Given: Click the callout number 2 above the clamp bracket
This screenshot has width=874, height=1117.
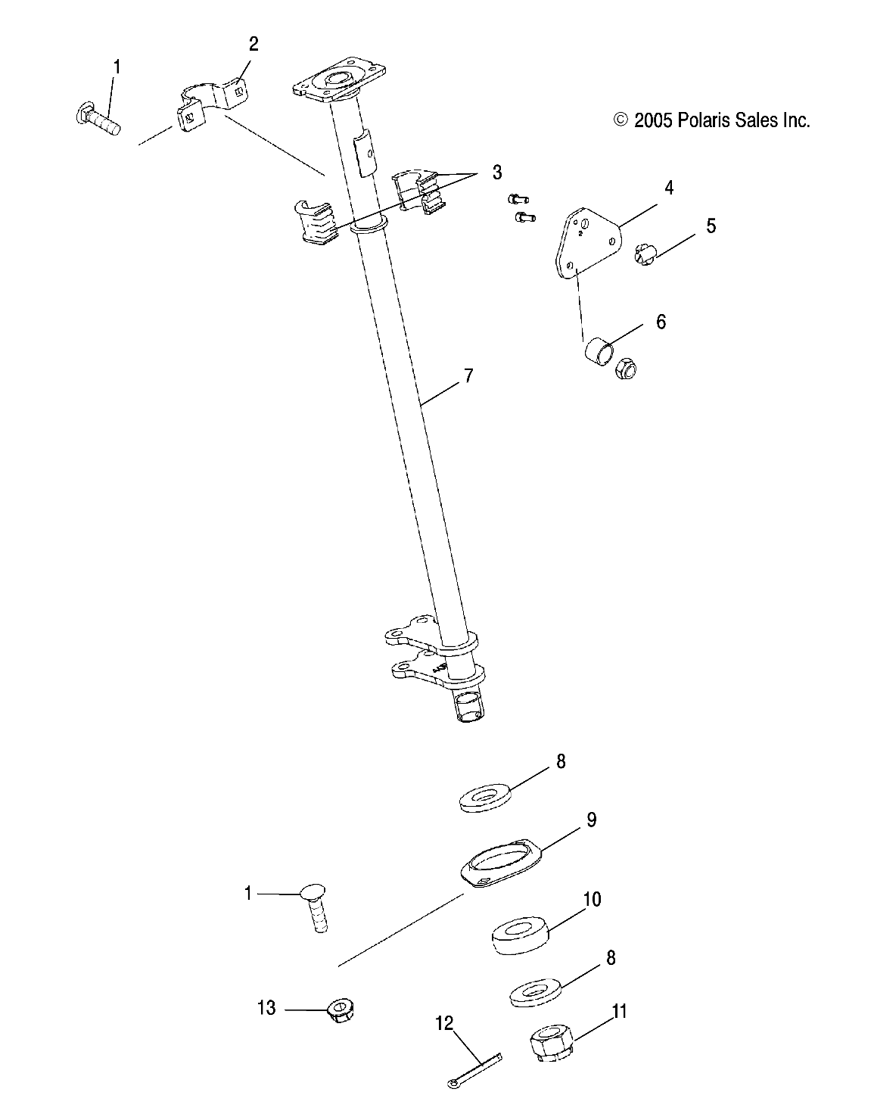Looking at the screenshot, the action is pos(253,44).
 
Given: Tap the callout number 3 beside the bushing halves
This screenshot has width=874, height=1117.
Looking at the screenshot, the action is pos(497,173).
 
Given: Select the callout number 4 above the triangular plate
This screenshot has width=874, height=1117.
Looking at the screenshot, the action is pos(668,188).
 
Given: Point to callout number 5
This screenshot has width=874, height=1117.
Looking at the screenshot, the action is pos(711,226).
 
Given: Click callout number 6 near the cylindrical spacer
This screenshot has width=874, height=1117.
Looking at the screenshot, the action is pos(661,322).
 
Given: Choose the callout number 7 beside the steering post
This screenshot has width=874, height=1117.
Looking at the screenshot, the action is pos(468,376).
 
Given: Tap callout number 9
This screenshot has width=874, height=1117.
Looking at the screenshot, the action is pos(592,820).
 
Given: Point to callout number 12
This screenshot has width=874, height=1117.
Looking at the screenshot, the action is pos(444,1023).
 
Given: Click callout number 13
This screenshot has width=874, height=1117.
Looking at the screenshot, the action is pos(266,1008).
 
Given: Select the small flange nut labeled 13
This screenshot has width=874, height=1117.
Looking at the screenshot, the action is pos(341,1010).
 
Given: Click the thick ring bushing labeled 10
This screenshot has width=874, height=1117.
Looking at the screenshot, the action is pos(521,935).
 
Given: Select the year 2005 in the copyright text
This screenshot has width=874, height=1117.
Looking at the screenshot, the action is pos(652,120).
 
